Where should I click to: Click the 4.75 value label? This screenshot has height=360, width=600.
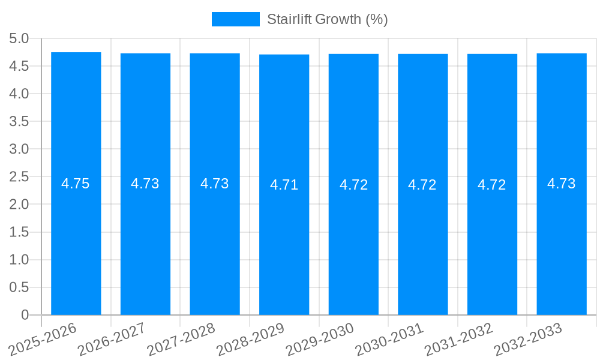76,184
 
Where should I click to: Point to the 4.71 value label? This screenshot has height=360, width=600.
284,185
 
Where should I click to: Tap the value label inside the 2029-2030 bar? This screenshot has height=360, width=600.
354,185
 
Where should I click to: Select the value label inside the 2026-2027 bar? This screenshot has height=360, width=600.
145,184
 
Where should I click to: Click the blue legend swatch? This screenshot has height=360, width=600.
236,19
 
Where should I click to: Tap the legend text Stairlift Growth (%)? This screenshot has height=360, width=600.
328,19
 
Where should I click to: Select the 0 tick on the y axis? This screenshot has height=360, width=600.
25,315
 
